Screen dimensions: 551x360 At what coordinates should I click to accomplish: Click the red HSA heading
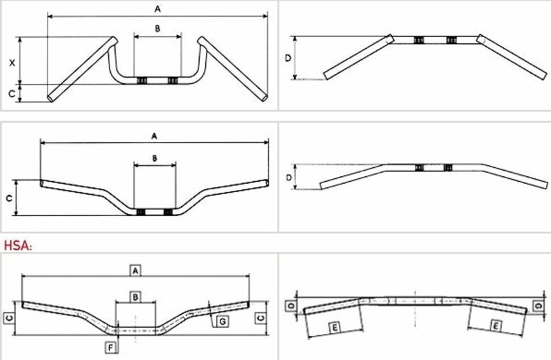click(x=18, y=245)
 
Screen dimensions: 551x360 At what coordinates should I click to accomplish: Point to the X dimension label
click(x=12, y=63)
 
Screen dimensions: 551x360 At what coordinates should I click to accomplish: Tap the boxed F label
click(x=111, y=348)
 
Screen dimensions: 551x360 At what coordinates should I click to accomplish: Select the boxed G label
click(x=222, y=321)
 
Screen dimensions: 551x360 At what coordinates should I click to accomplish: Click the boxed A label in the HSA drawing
click(x=136, y=271)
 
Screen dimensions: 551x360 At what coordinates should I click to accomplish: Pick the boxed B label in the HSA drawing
click(x=136, y=297)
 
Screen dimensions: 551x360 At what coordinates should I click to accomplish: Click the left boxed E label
click(x=335, y=328)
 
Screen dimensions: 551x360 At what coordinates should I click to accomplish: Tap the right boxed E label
click(x=495, y=327)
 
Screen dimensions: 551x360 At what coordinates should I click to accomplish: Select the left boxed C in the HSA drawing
click(x=10, y=318)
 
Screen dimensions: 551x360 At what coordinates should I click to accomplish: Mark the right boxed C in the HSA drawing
click(x=261, y=318)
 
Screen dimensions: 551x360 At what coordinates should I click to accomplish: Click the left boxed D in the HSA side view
click(x=291, y=306)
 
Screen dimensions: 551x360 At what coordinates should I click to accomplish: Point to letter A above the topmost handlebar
click(x=158, y=9)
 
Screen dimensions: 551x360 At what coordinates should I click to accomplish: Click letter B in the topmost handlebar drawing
click(x=158, y=29)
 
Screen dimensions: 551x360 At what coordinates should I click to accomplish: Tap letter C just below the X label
click(x=12, y=94)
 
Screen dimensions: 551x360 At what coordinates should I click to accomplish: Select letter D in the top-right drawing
click(x=288, y=58)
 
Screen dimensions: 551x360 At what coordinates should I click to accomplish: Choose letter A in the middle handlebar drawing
click(x=154, y=136)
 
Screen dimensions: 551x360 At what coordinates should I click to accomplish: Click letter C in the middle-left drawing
click(x=10, y=198)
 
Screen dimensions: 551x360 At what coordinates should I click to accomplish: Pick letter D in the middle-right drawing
click(x=289, y=178)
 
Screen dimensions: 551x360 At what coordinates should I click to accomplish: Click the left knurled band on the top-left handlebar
click(x=141, y=81)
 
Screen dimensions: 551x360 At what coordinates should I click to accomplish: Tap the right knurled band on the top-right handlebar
click(x=451, y=40)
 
